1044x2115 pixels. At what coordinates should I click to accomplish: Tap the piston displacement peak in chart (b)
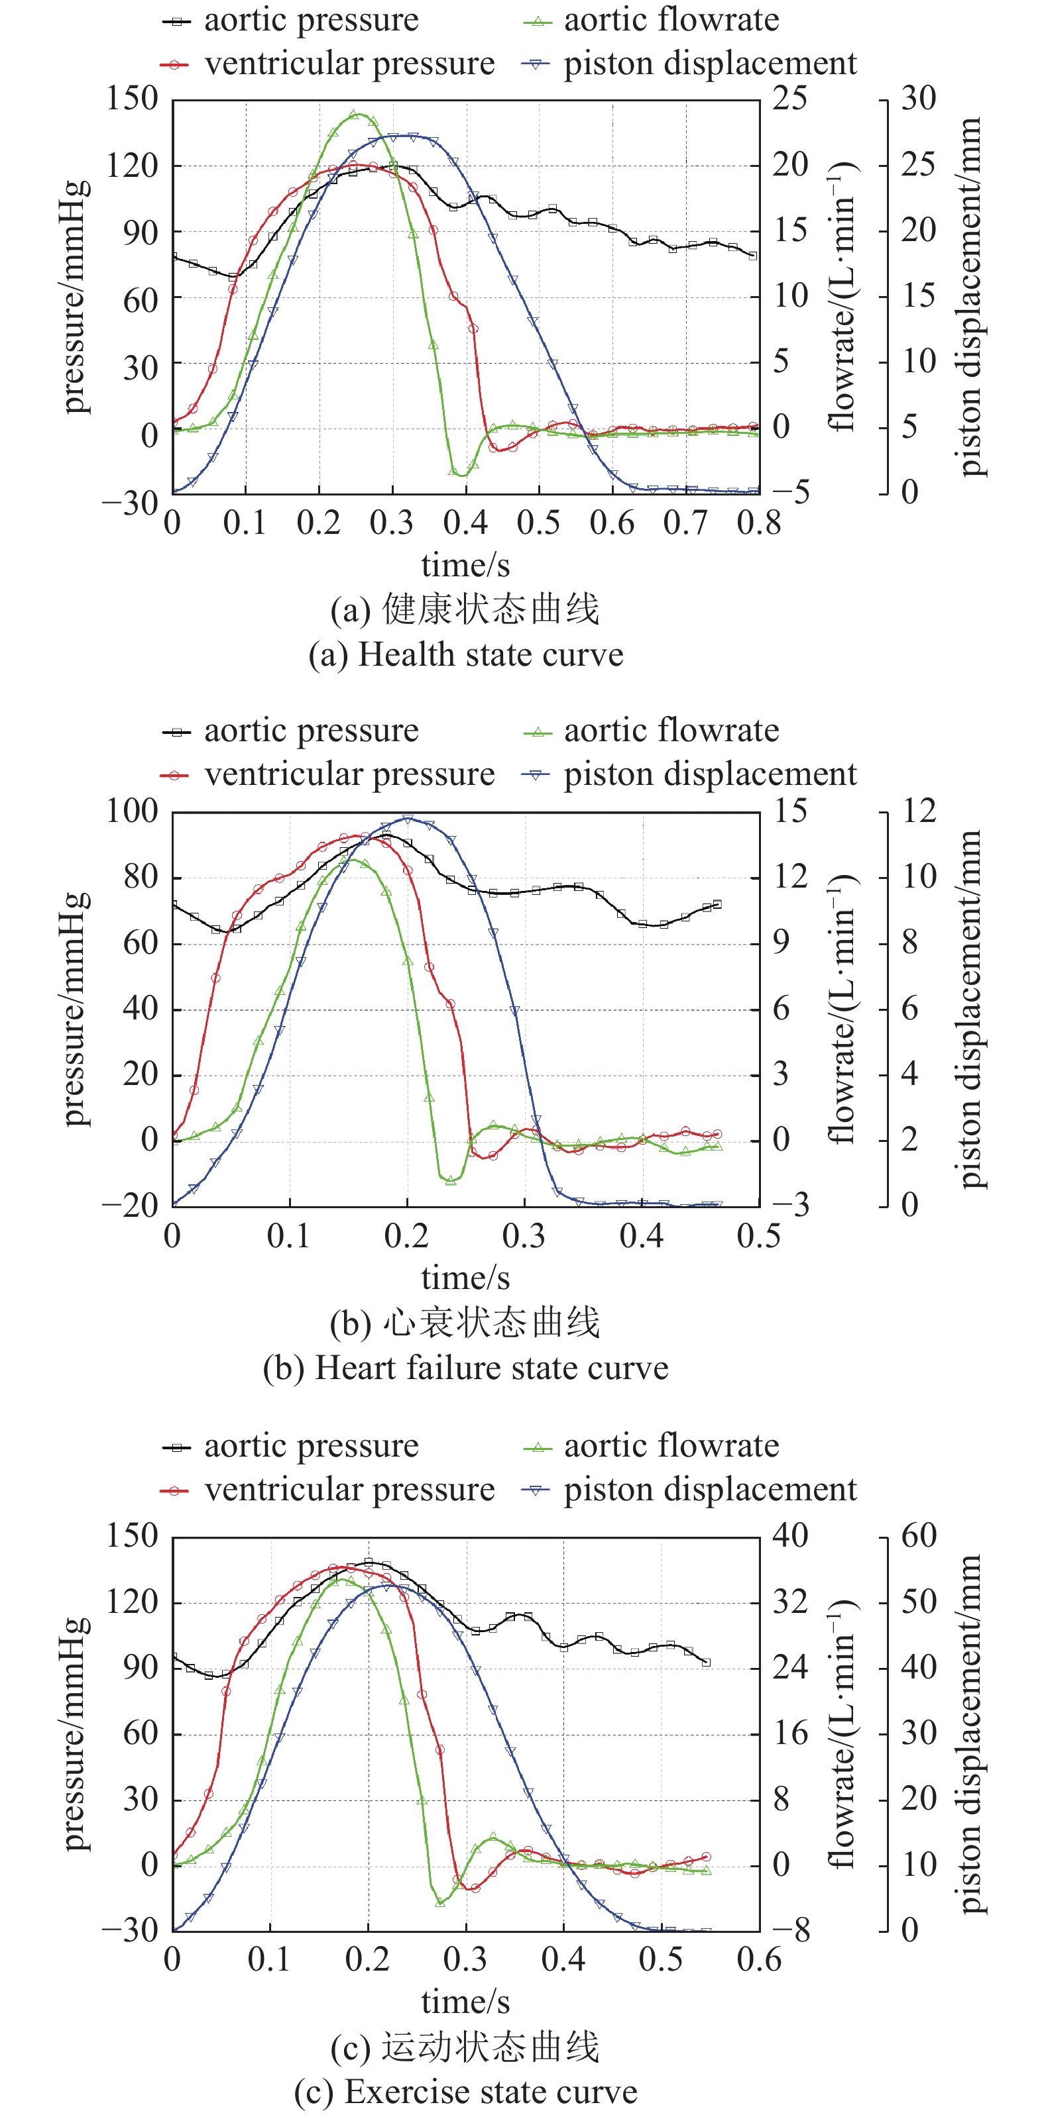(x=408, y=819)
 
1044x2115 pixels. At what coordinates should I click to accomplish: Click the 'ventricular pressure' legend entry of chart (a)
(x=349, y=63)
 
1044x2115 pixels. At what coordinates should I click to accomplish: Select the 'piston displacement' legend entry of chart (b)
(x=710, y=774)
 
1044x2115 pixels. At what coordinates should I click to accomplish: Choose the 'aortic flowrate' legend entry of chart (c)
(x=671, y=1446)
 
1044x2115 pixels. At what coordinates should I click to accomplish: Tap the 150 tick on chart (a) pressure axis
(x=131, y=99)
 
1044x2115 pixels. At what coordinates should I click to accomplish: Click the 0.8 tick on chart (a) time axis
(x=758, y=522)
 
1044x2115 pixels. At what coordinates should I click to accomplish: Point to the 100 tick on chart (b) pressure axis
(x=131, y=811)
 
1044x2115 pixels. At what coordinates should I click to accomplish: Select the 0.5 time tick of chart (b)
(x=758, y=1235)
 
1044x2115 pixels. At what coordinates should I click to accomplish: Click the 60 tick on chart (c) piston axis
(x=918, y=1535)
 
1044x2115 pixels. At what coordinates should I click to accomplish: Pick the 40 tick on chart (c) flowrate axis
(x=790, y=1535)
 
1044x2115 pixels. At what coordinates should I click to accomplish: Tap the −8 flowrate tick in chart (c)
(x=790, y=1931)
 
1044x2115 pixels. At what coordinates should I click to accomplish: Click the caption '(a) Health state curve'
(x=466, y=655)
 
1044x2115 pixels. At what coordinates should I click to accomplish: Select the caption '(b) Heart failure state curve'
(x=466, y=1368)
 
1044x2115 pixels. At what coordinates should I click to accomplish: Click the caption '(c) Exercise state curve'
(x=466, y=2092)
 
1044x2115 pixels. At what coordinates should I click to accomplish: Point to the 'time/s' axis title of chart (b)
(x=466, y=1278)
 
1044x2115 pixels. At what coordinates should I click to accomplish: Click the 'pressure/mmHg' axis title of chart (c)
(x=75, y=1734)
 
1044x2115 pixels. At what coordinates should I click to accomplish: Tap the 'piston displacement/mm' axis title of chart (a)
(x=970, y=296)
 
